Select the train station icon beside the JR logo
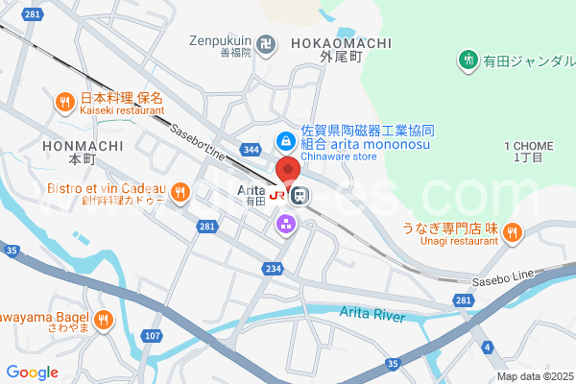click(x=300, y=195)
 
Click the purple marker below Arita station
click(x=286, y=225)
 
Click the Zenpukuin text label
click(x=219, y=41)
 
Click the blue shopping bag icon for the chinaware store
click(x=286, y=140)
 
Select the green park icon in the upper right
click(x=468, y=60)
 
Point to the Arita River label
click(x=372, y=314)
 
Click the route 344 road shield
click(x=251, y=150)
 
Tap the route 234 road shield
click(x=275, y=269)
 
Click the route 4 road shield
click(x=488, y=346)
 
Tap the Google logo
click(x=32, y=372)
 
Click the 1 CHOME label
click(x=528, y=146)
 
